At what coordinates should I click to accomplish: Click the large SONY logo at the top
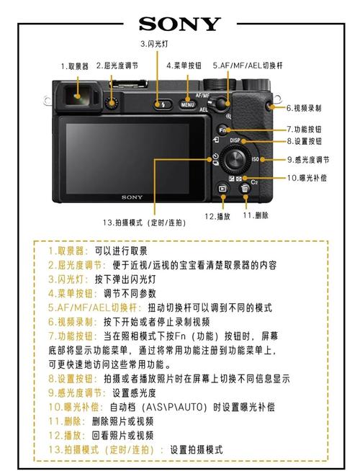[179, 24]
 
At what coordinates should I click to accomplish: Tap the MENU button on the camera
[187, 105]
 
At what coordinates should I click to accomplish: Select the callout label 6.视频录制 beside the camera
[303, 108]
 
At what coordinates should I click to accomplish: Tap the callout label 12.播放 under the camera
[217, 216]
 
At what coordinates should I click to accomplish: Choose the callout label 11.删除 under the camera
[256, 215]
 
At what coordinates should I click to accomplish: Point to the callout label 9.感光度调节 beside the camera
[308, 160]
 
